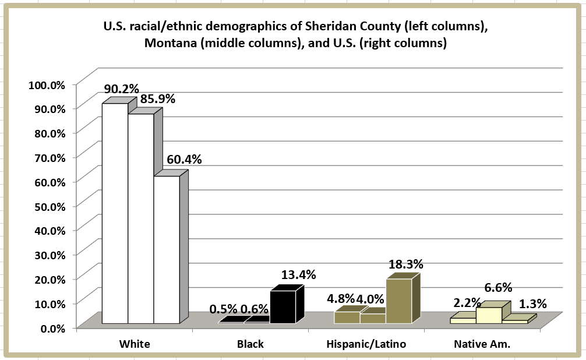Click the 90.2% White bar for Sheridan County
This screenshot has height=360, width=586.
tap(115, 213)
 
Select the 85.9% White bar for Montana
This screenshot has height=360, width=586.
tap(140, 218)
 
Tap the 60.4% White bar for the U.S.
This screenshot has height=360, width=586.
tap(166, 249)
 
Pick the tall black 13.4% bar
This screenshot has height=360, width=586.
tap(283, 306)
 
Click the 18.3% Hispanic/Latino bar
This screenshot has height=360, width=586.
tap(398, 301)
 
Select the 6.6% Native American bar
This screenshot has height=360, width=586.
tap(489, 315)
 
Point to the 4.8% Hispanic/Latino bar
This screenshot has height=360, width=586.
tap(347, 317)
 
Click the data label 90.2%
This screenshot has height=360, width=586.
tap(121, 89)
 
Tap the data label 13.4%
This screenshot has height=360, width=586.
tap(298, 274)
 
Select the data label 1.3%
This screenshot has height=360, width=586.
tap(532, 303)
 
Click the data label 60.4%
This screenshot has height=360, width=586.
tap(184, 159)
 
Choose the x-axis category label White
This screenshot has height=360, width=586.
tap(135, 344)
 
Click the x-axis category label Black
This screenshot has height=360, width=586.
tap(250, 344)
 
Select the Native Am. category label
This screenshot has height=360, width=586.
tap(482, 344)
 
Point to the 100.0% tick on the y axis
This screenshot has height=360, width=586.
tap(46, 84)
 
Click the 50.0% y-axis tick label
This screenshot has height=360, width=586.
tap(48, 206)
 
